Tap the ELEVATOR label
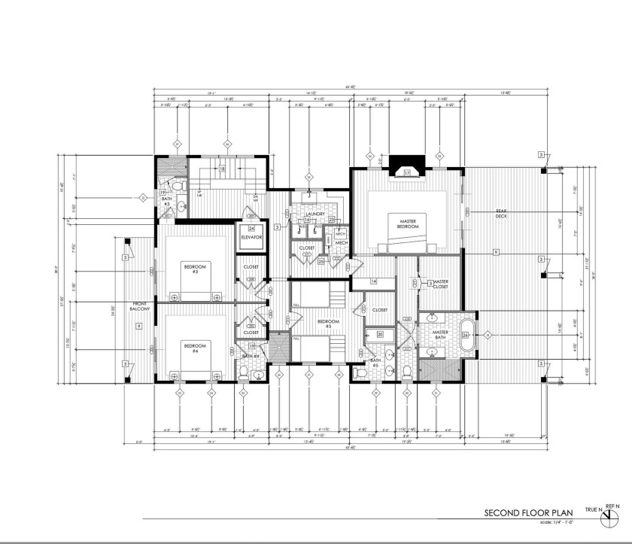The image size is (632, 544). pyautogui.click(x=251, y=237)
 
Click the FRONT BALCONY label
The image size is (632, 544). pyautogui.click(x=140, y=306)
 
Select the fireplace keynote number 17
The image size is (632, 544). pyautogui.click(x=407, y=173)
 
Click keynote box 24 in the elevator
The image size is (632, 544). pyautogui.click(x=252, y=228)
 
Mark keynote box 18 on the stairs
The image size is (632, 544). pyautogui.click(x=223, y=169)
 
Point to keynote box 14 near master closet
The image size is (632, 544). pyautogui.click(x=373, y=281)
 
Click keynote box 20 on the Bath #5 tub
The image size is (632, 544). pyautogui.click(x=380, y=333)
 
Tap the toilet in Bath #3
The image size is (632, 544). pyautogui.click(x=175, y=186)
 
